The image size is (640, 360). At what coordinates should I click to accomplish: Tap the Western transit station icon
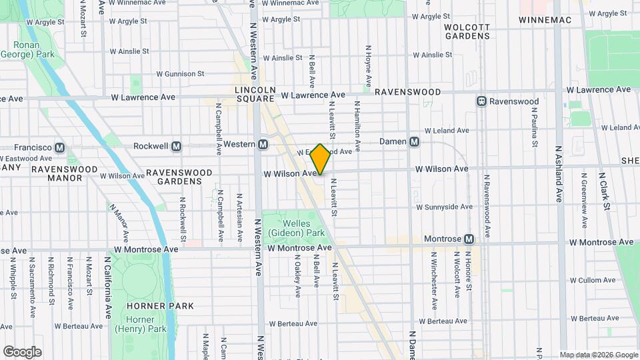pos(263,145)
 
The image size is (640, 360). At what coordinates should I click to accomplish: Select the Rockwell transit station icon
pos(177,146)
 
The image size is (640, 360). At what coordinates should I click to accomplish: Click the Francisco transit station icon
pos(60,147)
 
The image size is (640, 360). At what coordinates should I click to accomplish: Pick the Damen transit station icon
pos(415,141)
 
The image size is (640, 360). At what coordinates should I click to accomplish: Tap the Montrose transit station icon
pos(469,239)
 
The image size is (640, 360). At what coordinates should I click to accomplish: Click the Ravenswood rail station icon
pos(481,101)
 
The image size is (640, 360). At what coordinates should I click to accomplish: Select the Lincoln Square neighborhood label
pos(255,94)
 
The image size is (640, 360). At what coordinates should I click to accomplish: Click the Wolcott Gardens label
pos(467,31)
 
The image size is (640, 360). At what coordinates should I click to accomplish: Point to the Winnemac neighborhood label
pos(545,20)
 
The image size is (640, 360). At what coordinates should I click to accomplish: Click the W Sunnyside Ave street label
pos(444,207)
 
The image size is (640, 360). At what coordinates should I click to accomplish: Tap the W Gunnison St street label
pos(180,74)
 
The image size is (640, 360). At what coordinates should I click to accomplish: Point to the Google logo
pos(22,352)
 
